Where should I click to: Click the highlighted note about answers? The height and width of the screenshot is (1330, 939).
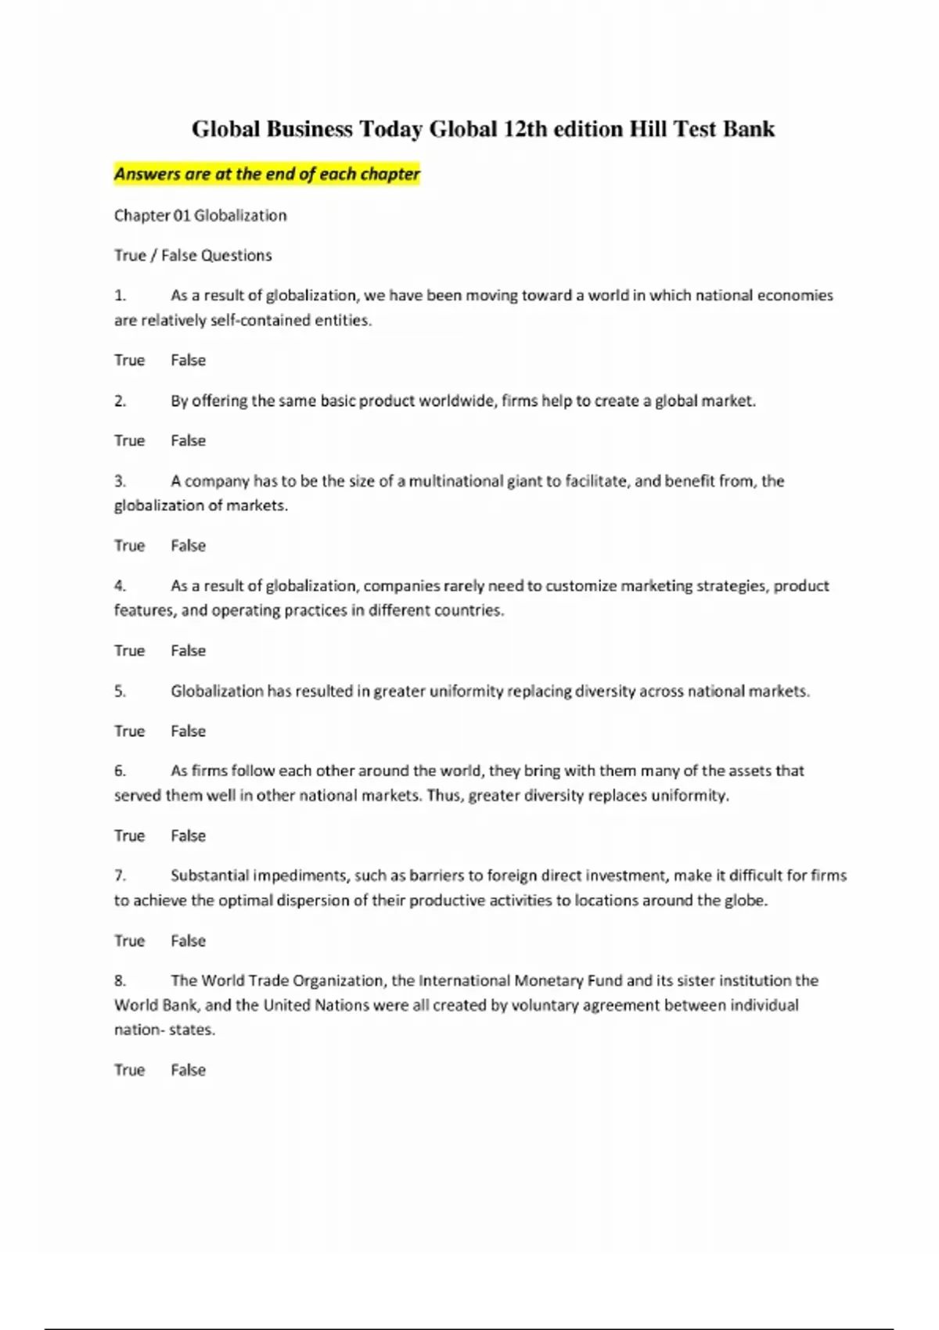click(267, 174)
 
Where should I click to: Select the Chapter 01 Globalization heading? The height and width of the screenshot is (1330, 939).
click(200, 215)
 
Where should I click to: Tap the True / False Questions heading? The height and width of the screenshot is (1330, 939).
click(193, 255)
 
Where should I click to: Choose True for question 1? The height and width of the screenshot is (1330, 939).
click(129, 360)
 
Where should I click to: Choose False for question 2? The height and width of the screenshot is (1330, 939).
click(189, 440)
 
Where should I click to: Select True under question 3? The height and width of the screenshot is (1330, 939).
click(129, 545)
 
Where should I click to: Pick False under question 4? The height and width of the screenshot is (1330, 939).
click(189, 650)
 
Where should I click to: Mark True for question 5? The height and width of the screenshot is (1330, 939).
click(129, 731)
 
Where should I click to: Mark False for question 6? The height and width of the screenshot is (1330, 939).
click(189, 836)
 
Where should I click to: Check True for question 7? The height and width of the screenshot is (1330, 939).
click(129, 940)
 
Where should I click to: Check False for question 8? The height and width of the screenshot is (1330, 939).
click(189, 1069)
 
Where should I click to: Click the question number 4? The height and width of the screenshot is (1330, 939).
click(120, 586)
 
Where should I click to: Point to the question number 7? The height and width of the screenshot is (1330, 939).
click(120, 875)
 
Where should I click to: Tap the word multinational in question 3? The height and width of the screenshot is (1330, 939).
click(454, 481)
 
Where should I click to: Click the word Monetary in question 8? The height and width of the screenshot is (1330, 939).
click(548, 980)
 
